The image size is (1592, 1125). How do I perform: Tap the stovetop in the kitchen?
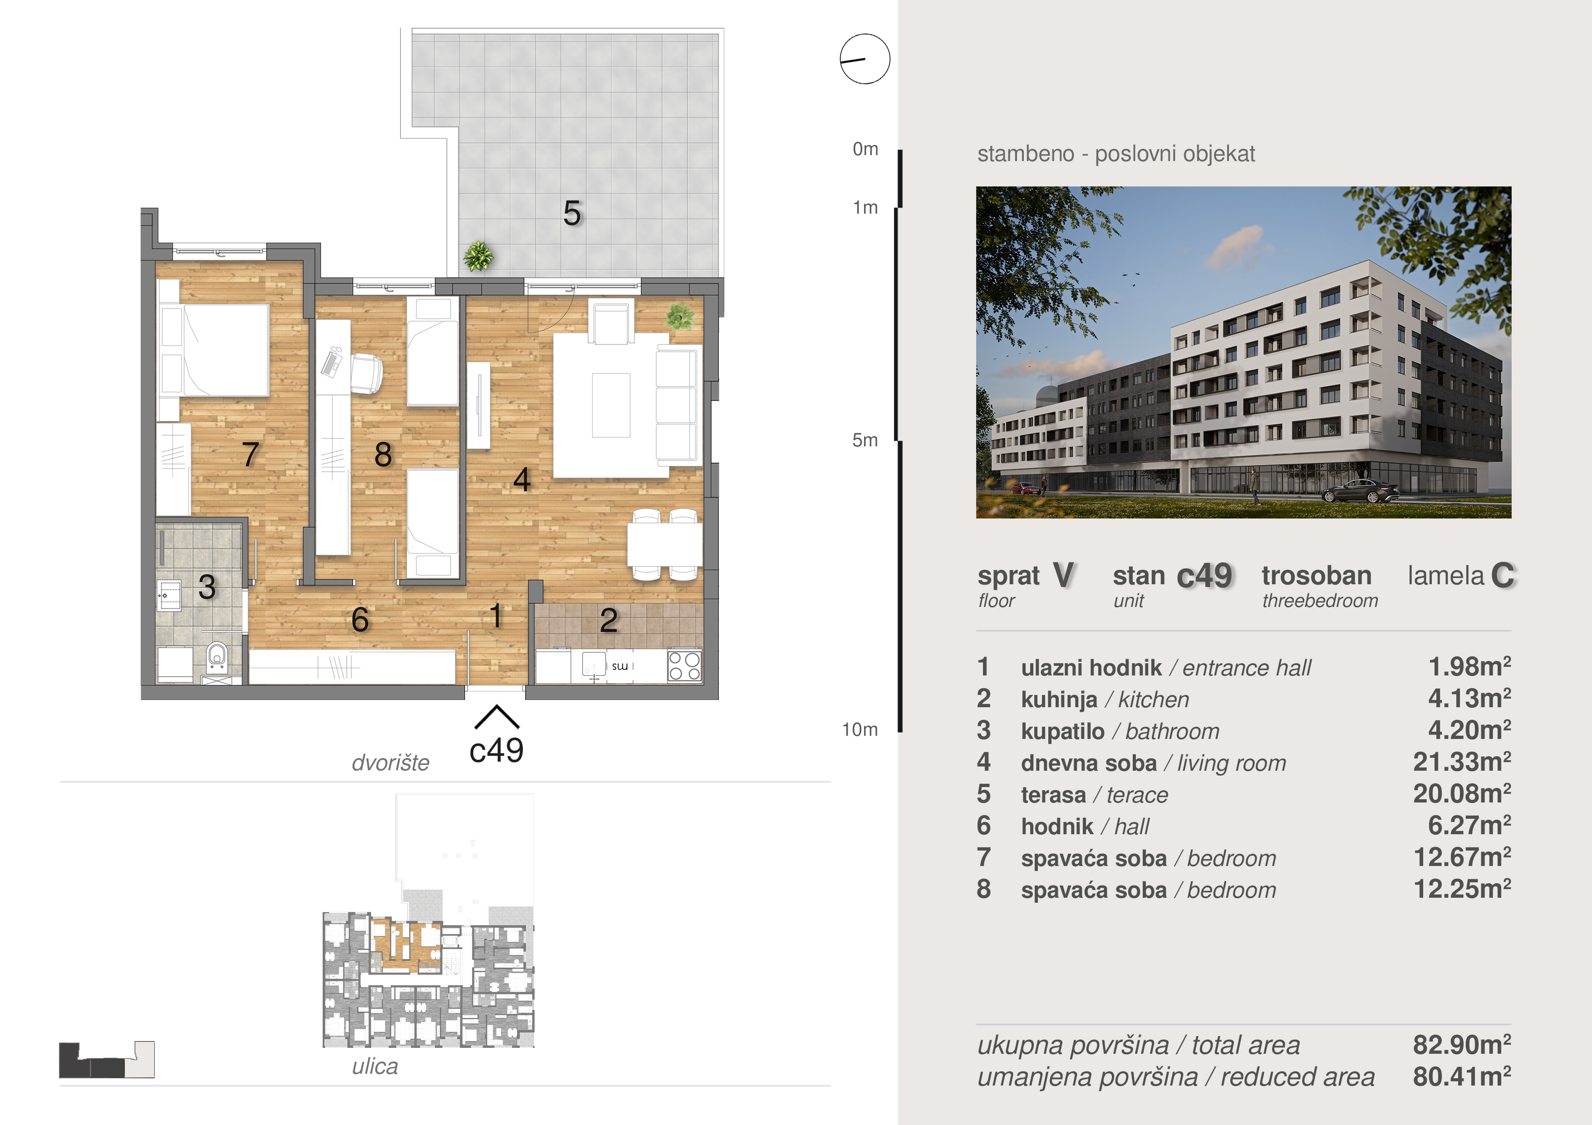coord(684,666)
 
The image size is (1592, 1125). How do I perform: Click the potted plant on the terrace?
coord(478,256)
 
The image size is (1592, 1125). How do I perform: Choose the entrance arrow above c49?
coord(496,718)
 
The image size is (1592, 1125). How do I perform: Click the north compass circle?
coord(865,59)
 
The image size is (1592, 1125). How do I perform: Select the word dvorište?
coord(390,763)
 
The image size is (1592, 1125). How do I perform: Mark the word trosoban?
coord(1316,575)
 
